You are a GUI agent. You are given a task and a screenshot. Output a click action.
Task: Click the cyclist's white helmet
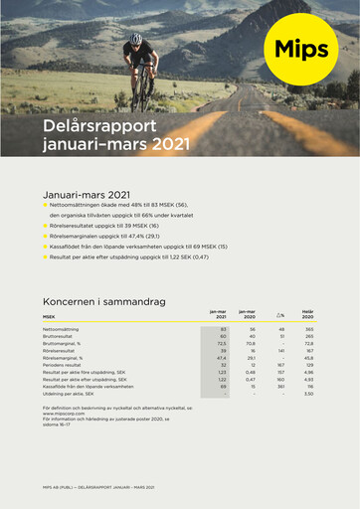pyautogui.click(x=136, y=39)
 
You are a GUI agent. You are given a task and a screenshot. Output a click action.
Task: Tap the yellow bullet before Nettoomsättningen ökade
pyautogui.click(x=46, y=204)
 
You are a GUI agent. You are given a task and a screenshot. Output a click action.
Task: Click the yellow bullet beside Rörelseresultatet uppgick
pyautogui.click(x=46, y=226)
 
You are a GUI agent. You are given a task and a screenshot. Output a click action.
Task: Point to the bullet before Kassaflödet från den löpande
pyautogui.click(x=46, y=246)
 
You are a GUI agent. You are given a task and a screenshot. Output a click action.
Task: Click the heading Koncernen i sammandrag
pyautogui.click(x=103, y=299)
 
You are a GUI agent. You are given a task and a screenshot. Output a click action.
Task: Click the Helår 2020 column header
pyautogui.click(x=307, y=316)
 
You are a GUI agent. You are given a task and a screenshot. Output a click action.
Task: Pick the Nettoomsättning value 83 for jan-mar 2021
pyautogui.click(x=224, y=329)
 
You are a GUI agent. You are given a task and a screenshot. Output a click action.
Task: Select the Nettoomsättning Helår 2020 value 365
pyautogui.click(x=309, y=329)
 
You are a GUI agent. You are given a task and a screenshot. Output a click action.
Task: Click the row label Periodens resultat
pyautogui.click(x=64, y=365)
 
